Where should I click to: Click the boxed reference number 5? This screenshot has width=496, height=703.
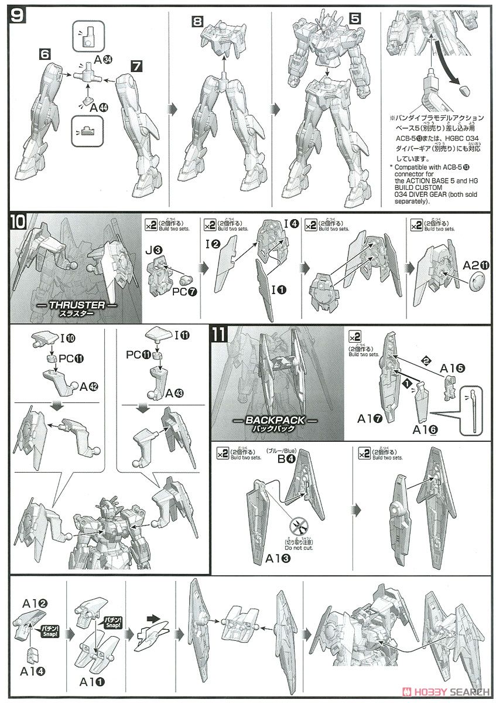click(x=354, y=18)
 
